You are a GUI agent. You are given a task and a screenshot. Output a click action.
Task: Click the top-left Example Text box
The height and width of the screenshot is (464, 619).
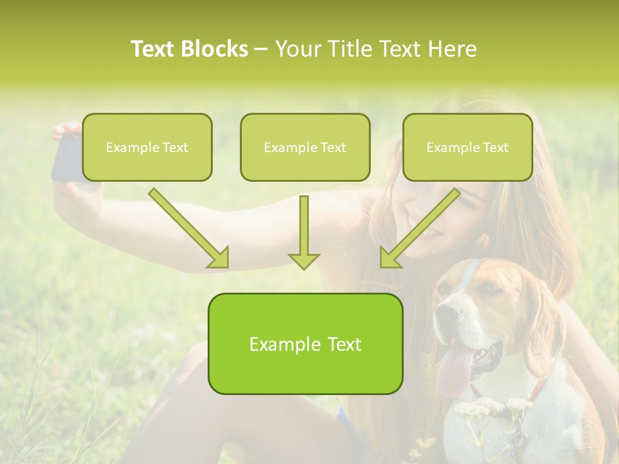147,147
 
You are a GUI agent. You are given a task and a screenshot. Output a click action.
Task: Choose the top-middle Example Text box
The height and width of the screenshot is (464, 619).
305,147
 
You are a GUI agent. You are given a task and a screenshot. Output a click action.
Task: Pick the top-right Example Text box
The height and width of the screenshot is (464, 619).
467,147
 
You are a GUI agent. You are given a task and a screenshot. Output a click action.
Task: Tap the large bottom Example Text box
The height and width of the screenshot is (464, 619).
305,343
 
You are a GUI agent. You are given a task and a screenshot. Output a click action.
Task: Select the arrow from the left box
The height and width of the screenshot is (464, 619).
190,228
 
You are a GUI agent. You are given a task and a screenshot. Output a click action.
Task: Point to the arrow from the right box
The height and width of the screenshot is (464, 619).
419,228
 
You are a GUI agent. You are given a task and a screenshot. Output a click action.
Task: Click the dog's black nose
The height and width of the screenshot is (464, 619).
444,314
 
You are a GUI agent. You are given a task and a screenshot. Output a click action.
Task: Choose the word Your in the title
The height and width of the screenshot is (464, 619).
297,49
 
